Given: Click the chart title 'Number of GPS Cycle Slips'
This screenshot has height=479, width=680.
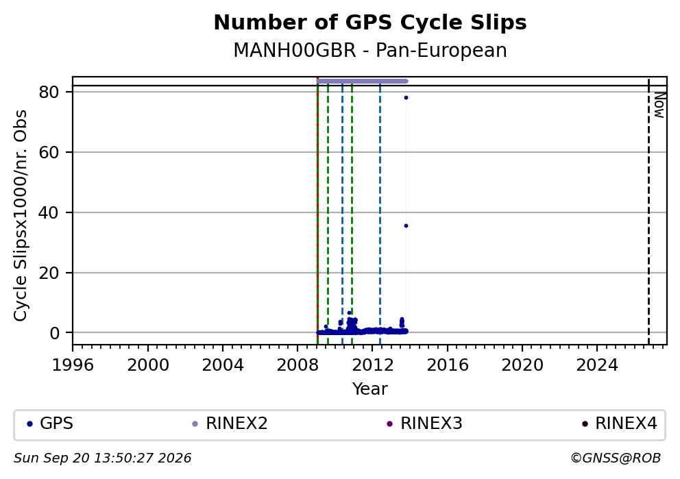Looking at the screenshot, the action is (x=370, y=23).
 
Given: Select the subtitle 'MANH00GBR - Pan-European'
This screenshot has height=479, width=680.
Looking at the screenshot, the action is (x=370, y=50).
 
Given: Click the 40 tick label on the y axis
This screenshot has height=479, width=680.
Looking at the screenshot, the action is (x=49, y=212).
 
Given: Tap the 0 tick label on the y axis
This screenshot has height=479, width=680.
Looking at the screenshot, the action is (x=54, y=333).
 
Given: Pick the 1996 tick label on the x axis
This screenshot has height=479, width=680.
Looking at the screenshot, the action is (x=73, y=365).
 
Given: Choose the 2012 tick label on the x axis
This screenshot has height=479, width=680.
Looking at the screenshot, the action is (x=372, y=365).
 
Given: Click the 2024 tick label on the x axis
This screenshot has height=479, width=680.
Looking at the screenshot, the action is (x=597, y=365).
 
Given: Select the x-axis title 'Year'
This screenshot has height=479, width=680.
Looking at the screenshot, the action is (x=370, y=389).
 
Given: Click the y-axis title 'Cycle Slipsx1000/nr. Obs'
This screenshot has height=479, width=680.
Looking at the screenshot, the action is (x=21, y=215).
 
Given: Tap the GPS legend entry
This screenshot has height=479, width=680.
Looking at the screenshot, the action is (x=50, y=423).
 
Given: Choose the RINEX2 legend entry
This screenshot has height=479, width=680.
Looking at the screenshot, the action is (x=230, y=423).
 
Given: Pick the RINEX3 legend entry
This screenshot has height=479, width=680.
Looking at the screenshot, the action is (x=424, y=423).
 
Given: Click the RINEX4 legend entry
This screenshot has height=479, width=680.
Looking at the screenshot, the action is (x=620, y=423).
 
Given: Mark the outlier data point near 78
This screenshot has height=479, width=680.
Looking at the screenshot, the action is (x=406, y=97).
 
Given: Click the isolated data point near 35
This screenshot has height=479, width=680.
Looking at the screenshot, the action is (x=406, y=226).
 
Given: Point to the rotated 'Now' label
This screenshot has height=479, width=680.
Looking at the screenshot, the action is (x=659, y=106).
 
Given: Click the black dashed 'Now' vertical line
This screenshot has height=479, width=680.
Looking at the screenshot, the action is (x=648, y=210).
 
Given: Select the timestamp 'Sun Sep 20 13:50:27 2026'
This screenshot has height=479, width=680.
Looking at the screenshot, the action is (x=102, y=458).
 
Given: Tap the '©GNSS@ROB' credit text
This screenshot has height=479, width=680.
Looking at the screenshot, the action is (x=616, y=458).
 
